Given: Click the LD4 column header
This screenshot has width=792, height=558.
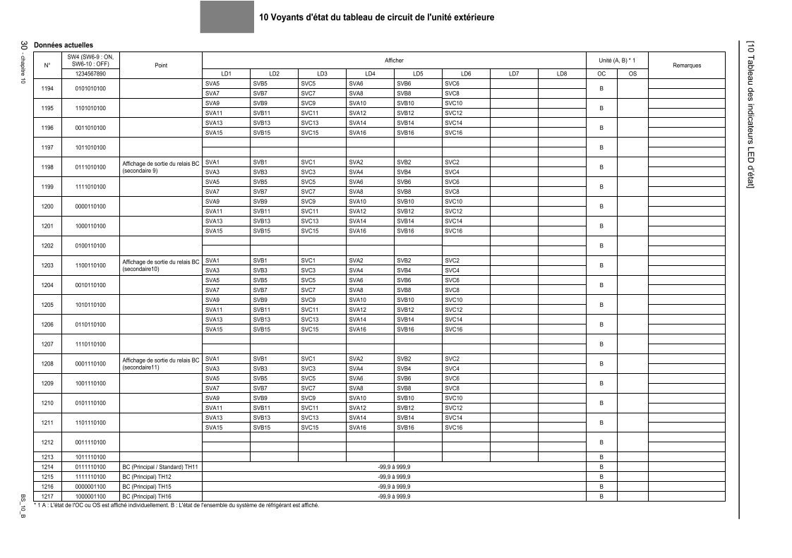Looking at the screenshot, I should (370, 73).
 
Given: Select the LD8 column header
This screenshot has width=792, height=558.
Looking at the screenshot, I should (562, 73).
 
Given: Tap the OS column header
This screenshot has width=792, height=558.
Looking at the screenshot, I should (632, 73).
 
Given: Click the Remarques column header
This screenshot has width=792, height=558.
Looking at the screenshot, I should (687, 65).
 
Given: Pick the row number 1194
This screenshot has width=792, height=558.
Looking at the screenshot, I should (48, 88).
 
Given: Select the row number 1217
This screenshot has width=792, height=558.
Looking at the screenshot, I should (48, 497).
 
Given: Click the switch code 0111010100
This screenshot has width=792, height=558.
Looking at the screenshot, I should (90, 167).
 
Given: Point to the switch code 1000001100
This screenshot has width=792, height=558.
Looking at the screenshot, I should (90, 497).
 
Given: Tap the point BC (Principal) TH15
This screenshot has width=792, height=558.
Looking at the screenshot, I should (148, 487).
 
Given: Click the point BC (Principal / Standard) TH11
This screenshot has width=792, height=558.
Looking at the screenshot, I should (160, 467).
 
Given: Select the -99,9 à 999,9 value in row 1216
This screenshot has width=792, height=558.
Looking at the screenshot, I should (394, 487).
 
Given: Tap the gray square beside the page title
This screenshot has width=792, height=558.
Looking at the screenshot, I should (227, 17).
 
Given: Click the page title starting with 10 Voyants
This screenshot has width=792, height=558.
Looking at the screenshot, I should (376, 17).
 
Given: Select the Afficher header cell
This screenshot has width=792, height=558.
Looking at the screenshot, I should (394, 61).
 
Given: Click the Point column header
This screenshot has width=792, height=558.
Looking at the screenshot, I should (161, 65).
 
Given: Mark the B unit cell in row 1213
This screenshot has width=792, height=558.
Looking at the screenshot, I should (601, 457).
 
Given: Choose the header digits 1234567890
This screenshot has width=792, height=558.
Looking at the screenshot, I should (90, 73).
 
